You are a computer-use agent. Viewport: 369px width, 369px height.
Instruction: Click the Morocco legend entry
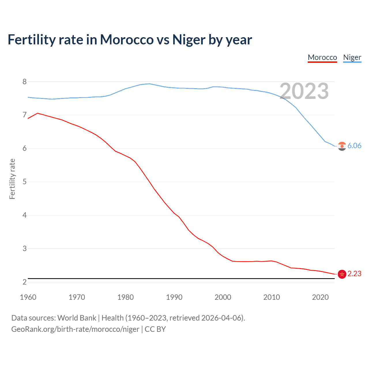coord(322,57)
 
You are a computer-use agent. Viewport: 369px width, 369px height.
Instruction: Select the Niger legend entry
coord(352,57)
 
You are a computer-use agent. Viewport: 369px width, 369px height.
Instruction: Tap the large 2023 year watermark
coord(304,91)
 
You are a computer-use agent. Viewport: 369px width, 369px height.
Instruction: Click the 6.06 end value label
coord(354,146)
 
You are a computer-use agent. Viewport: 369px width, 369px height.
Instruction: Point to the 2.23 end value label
coord(354,274)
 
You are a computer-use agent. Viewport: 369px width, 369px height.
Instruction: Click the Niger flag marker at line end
coord(342,146)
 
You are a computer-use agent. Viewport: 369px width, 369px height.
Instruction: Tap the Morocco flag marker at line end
coord(342,274)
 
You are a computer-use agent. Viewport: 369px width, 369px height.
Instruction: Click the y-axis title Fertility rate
coord(12,179)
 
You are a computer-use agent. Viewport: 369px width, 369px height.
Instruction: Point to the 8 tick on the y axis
coord(25,82)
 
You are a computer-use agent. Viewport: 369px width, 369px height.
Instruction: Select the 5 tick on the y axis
coord(25,182)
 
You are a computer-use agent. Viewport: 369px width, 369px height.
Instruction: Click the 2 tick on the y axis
coord(25,282)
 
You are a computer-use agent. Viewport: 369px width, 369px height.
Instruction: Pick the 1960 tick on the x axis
coord(28,297)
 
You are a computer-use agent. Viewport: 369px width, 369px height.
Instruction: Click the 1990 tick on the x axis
coord(174,297)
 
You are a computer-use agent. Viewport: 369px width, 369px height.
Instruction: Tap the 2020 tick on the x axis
coord(320,297)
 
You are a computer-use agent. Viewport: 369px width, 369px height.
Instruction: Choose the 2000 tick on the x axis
coord(223,297)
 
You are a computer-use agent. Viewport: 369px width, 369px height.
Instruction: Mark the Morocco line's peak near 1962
coord(37,113)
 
